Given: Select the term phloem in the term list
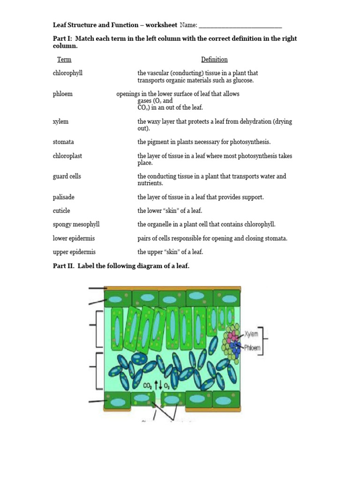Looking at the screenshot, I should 62,94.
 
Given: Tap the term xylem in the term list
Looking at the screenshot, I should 60,121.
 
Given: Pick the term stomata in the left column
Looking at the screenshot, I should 63,142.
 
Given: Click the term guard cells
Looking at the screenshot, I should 67,176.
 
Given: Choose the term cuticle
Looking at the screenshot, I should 61,211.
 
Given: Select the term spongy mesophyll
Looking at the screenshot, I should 76,225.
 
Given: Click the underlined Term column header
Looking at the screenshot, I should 64,60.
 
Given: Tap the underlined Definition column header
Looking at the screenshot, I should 214,60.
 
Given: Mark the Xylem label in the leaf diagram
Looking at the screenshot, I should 251,334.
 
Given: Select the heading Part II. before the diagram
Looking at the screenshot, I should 64,266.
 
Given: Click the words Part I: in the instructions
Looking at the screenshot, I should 63,38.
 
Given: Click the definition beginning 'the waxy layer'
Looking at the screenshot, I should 214,125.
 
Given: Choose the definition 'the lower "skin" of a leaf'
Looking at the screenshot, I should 169,211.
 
